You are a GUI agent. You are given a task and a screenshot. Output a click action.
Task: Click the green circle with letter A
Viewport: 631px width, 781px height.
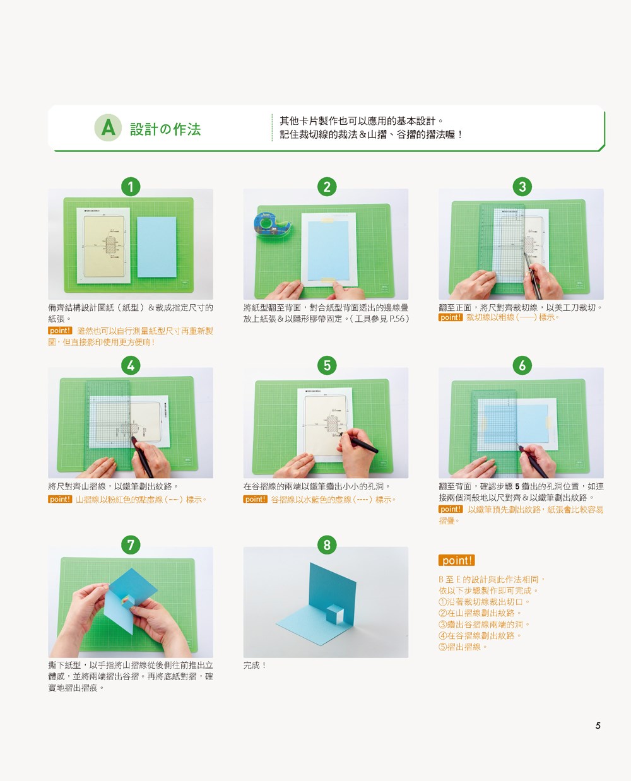click(108, 127)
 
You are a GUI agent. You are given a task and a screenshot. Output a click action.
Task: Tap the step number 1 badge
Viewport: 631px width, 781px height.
click(131, 187)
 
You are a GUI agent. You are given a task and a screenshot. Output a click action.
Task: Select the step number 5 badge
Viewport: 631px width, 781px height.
click(327, 365)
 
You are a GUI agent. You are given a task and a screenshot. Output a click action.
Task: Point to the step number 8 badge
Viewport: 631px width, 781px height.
click(327, 545)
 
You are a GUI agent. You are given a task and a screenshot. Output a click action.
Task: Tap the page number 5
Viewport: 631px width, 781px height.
click(598, 725)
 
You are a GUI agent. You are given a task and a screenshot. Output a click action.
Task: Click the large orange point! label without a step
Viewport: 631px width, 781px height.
click(456, 560)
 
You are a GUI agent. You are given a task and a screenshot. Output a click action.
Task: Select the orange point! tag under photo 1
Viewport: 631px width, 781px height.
click(60, 331)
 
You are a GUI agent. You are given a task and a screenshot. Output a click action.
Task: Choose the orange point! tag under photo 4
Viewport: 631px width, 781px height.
click(60, 499)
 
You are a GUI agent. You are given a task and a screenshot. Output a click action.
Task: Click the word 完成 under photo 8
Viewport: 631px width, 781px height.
click(251, 665)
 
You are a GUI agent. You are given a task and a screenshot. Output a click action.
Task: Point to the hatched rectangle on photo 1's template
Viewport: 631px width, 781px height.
click(111, 245)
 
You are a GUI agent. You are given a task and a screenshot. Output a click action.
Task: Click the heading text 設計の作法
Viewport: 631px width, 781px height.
click(165, 129)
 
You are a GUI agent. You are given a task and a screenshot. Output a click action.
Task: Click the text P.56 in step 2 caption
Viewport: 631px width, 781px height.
click(397, 319)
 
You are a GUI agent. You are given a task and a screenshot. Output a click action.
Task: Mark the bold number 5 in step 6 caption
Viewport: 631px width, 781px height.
click(517, 486)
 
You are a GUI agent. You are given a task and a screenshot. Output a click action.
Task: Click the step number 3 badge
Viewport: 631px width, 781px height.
click(522, 187)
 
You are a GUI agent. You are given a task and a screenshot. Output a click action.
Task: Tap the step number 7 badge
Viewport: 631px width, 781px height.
click(131, 545)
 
